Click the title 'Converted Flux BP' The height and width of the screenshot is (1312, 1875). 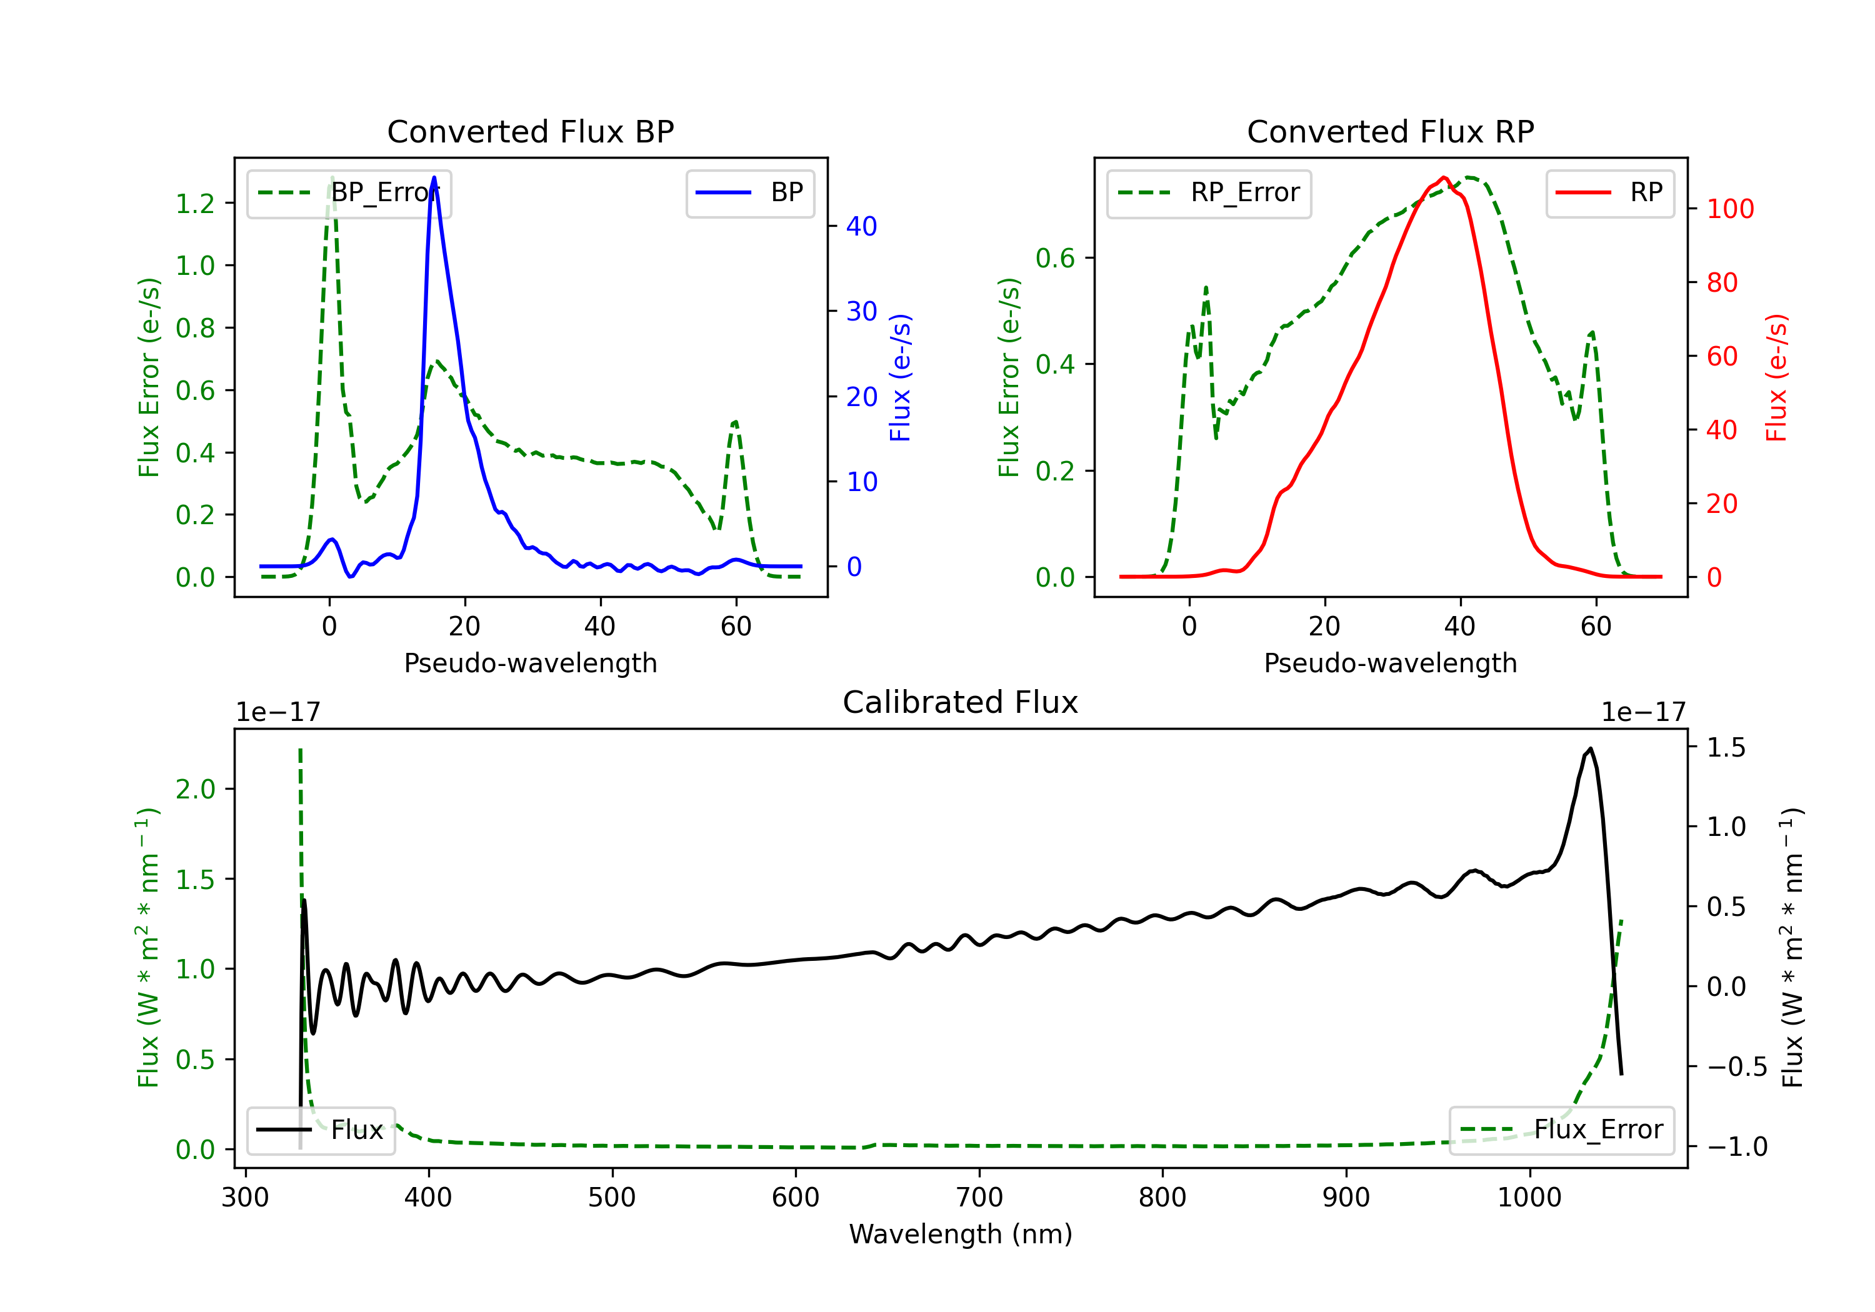tap(530, 131)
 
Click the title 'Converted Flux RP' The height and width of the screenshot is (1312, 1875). tap(1390, 131)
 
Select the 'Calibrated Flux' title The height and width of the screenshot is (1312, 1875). tap(961, 702)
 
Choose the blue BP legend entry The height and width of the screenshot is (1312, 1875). tap(749, 192)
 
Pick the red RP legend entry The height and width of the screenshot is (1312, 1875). tap(1609, 192)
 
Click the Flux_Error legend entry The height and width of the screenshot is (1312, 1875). tap(1561, 1130)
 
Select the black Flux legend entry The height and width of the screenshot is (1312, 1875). tap(320, 1130)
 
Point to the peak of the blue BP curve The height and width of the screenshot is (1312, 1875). tap(434, 177)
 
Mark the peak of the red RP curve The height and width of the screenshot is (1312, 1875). tap(1444, 178)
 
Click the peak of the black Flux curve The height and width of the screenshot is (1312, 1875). tap(1590, 748)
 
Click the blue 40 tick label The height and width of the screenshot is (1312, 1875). tap(861, 226)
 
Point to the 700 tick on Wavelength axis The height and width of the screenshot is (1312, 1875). tap(979, 1198)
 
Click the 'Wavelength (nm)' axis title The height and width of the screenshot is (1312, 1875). tap(961, 1235)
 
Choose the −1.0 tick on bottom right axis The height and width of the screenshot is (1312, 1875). tap(1737, 1147)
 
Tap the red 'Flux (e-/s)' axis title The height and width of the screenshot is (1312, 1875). tap(1777, 377)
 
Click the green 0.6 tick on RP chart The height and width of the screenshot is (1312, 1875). tap(1055, 258)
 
